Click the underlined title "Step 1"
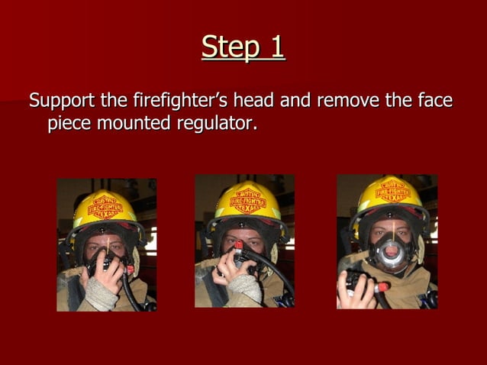click(x=243, y=47)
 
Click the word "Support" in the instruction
click(x=62, y=100)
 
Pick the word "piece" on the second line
click(x=71, y=123)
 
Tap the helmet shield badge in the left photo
click(x=107, y=205)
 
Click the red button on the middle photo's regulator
click(x=238, y=245)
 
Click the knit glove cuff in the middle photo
click(x=246, y=288)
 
